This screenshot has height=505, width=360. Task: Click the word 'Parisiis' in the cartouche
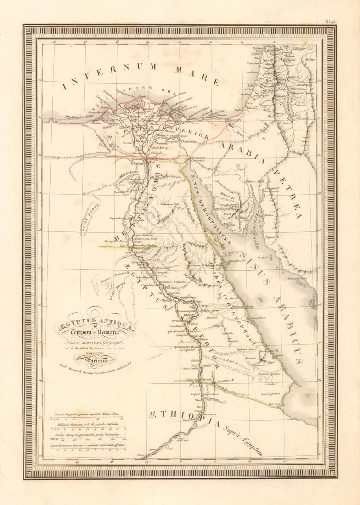pos(95,360)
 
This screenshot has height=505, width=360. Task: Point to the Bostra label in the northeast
pos(310,59)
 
